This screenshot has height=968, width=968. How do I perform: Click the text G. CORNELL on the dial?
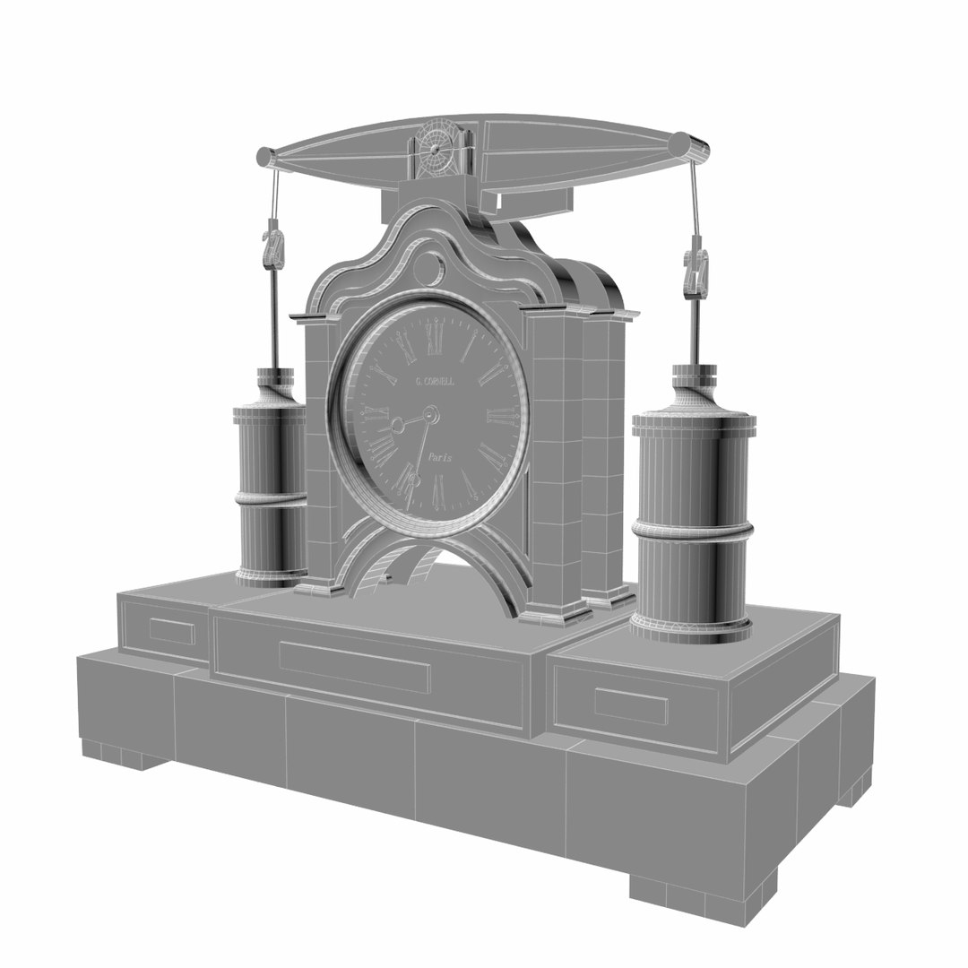tap(435, 381)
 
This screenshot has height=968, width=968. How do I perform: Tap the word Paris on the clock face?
tap(439, 457)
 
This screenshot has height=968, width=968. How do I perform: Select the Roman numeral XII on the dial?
tap(436, 338)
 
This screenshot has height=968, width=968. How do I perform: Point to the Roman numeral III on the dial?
tap(502, 415)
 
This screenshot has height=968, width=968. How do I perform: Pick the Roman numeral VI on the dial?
tap(438, 490)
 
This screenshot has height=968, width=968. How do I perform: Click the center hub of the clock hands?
tap(430, 415)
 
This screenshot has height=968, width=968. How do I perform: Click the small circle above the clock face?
tap(428, 268)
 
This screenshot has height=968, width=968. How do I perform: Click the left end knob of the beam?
tap(266, 158)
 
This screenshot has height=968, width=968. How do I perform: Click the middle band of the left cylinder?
tap(270, 494)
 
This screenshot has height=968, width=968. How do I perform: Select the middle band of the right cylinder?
tap(692, 528)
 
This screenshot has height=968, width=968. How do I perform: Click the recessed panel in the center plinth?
tap(355, 666)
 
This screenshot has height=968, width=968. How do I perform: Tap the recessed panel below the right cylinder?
tap(631, 705)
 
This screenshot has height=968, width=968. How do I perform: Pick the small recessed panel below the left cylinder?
tap(171, 631)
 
